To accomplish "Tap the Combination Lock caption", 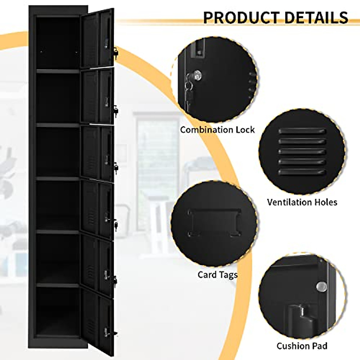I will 217,130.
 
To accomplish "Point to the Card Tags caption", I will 217,274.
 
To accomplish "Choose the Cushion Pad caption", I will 302,346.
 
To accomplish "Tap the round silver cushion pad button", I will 321,287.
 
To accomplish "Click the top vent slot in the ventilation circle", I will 302,131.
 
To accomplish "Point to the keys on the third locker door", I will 115,167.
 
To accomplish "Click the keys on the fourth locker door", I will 115,224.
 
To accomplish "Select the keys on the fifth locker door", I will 115,280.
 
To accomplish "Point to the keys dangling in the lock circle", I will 188,93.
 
